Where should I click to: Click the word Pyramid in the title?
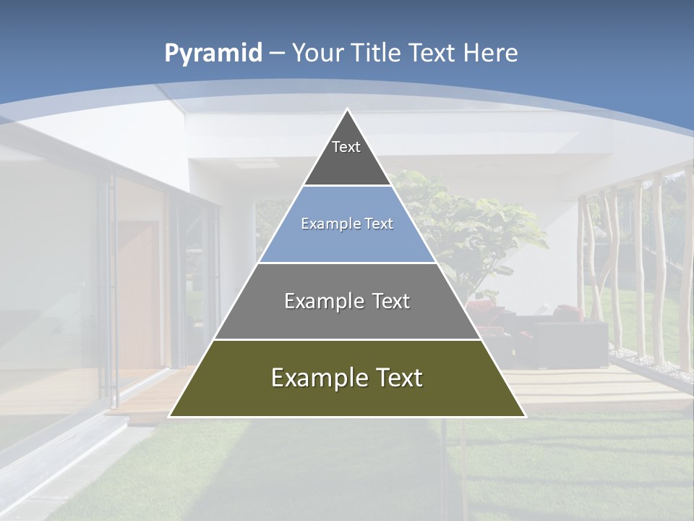(213, 54)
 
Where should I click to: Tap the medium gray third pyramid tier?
(347, 318)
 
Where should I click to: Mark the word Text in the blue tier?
(379, 224)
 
